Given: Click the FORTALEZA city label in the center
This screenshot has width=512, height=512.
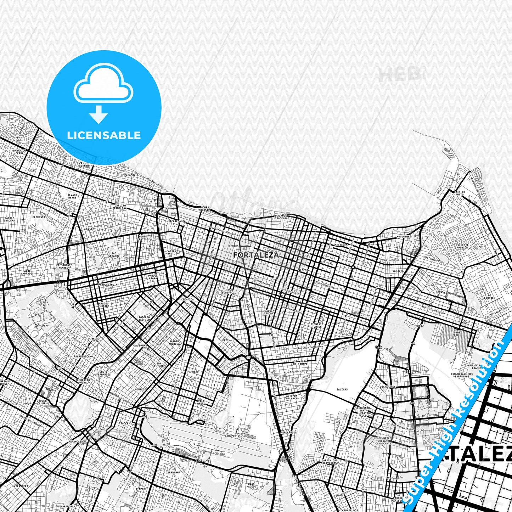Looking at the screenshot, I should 256,255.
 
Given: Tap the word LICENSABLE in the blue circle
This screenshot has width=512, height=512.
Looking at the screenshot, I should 104,135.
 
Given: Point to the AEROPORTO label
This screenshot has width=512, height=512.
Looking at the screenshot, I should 232,435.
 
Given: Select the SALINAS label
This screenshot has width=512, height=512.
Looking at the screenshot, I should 342,389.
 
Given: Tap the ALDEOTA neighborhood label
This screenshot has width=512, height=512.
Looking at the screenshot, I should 304,270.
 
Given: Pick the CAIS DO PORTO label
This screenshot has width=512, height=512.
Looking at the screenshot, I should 459,193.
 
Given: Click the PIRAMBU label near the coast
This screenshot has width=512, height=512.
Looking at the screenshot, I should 130,175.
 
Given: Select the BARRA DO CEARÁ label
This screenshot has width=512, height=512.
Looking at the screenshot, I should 19,152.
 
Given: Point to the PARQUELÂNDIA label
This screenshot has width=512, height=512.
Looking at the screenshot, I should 108,285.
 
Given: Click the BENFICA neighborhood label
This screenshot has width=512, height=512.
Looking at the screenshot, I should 188,299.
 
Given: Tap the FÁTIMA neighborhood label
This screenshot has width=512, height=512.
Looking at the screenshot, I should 227,340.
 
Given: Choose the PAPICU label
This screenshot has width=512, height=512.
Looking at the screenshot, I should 440,292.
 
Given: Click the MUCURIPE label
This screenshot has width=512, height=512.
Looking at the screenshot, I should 403,236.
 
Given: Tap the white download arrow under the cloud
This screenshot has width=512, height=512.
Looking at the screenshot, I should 99,114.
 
